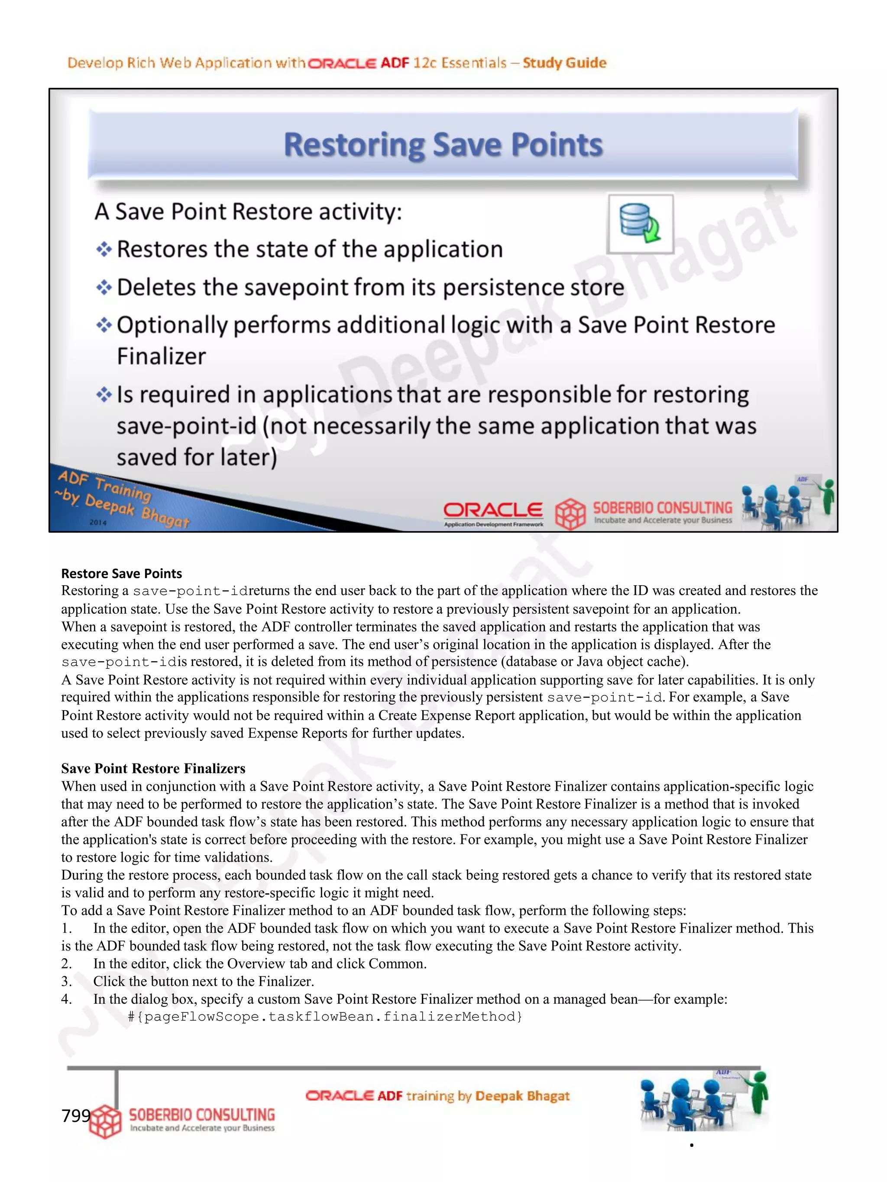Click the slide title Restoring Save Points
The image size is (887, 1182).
tap(443, 145)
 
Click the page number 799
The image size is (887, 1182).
tap(76, 1116)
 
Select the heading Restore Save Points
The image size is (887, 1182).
tap(121, 573)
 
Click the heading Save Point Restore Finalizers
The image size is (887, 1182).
tap(153, 768)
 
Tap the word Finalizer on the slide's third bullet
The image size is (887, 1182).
tap(161, 356)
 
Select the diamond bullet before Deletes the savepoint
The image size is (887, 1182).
tap(104, 287)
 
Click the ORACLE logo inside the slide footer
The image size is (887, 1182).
tap(492, 510)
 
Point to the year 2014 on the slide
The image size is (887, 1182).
tap(98, 522)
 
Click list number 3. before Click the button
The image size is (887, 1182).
tap(66, 981)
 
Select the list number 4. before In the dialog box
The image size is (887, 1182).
tap(66, 999)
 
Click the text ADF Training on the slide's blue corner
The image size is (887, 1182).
tap(104, 485)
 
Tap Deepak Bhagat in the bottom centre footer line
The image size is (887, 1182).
tap(522, 1096)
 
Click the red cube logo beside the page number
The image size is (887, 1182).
tap(106, 1121)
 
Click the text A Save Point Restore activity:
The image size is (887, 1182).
tap(248, 212)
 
